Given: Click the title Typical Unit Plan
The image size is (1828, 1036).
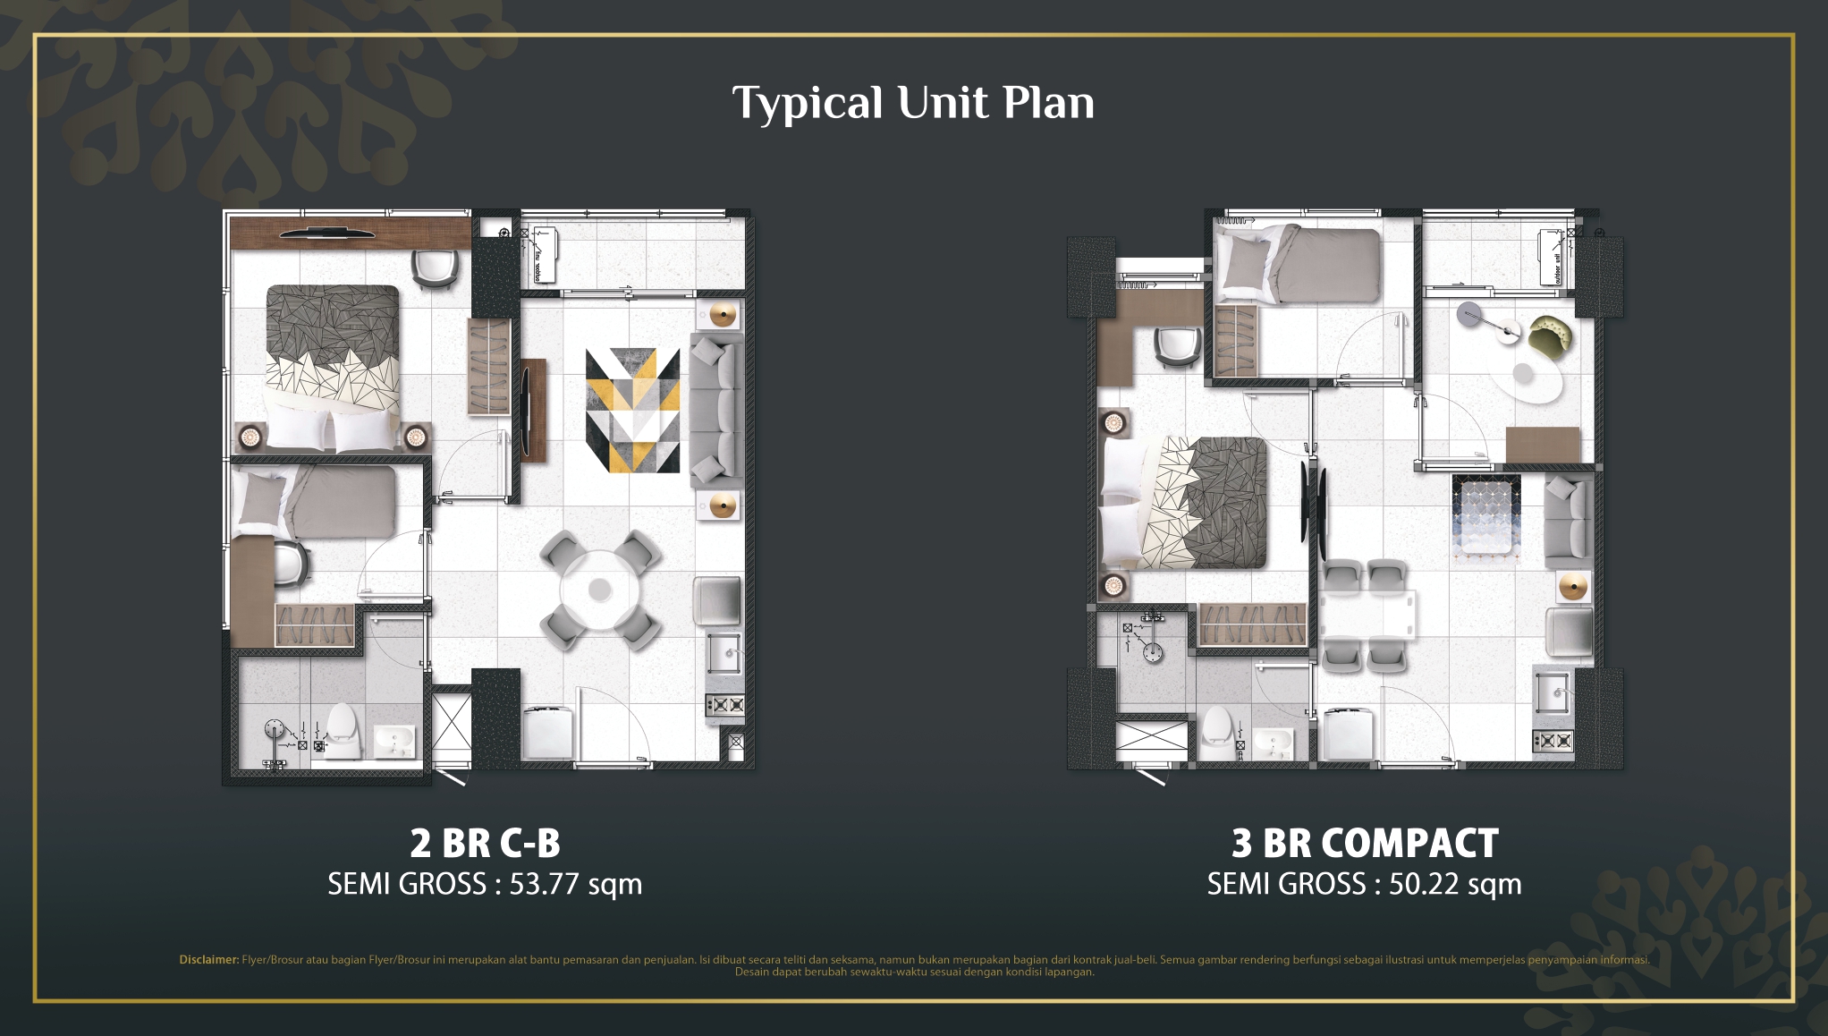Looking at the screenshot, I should [913, 103].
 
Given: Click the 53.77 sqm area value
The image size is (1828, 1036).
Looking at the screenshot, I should [575, 884].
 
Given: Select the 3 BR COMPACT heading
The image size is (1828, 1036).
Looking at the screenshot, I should [1364, 843].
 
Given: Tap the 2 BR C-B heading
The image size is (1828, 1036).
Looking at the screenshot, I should [485, 843].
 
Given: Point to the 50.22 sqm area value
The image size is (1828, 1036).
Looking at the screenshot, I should [1454, 884].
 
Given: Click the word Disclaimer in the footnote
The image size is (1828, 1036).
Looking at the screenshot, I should [208, 960].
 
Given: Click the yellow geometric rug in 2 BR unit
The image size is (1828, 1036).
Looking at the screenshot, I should [632, 410].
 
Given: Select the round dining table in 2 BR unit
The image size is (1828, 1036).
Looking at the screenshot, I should [600, 590].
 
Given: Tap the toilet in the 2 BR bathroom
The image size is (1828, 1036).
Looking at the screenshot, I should [342, 730].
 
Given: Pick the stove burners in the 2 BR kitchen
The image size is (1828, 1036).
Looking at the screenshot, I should [725, 705].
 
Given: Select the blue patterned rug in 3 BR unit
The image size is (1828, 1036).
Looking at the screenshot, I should [1485, 518].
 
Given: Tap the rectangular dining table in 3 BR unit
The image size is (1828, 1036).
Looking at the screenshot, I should [1366, 616].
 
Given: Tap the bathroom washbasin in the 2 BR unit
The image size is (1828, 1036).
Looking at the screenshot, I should [394, 740].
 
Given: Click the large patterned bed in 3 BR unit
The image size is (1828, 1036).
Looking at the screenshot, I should [1185, 502].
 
